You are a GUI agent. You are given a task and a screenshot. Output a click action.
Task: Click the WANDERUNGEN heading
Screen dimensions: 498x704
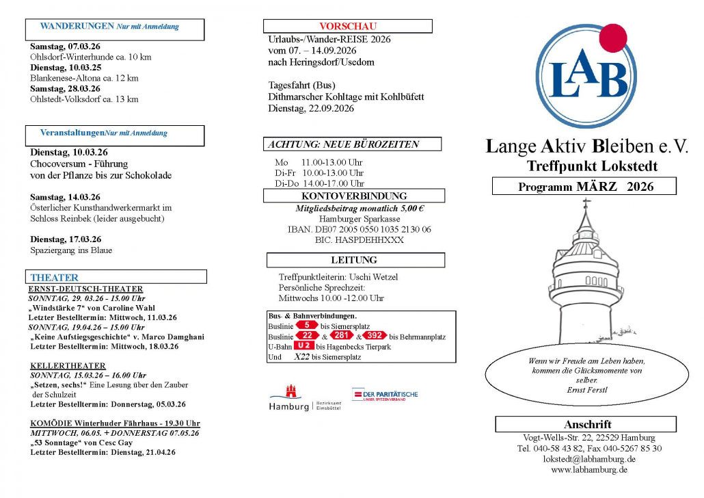(x=77, y=27)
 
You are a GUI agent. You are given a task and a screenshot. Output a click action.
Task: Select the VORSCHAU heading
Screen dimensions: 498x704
(x=348, y=26)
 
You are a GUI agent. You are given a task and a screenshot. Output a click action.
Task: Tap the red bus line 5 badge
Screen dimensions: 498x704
(x=307, y=326)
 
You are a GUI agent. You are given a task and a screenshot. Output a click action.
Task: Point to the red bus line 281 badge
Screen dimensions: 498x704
(x=342, y=336)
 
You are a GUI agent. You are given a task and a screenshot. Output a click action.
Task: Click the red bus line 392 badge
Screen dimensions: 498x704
(x=375, y=336)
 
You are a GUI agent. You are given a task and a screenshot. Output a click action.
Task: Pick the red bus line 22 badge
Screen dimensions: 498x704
(x=308, y=336)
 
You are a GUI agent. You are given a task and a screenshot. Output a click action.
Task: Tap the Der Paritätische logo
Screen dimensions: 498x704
(x=384, y=395)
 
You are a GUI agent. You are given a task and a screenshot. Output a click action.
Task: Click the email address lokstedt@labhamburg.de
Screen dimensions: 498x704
(x=589, y=459)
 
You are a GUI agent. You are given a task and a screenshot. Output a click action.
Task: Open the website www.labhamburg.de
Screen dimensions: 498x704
(x=589, y=470)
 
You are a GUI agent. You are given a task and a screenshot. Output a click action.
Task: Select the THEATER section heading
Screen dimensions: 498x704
(x=55, y=278)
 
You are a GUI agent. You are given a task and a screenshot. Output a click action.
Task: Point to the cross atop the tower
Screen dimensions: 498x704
(x=585, y=203)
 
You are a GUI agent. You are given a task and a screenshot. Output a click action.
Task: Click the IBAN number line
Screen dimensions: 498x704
(x=359, y=230)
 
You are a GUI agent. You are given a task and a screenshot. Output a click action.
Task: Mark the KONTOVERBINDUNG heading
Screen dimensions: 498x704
(x=354, y=196)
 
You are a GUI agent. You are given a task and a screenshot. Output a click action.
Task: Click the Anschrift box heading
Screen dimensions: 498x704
(x=587, y=424)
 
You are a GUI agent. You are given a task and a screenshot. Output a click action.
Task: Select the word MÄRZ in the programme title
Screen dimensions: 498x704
(x=597, y=187)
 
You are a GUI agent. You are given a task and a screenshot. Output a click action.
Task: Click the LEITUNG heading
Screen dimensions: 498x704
(x=354, y=260)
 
